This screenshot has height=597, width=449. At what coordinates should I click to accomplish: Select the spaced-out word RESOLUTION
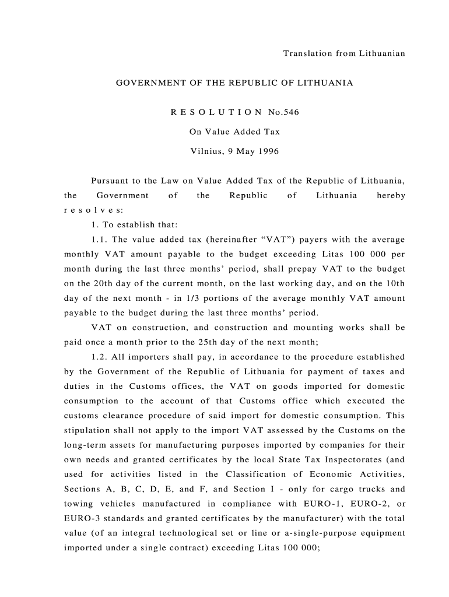(x=216, y=113)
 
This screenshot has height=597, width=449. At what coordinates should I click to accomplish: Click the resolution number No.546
(x=284, y=113)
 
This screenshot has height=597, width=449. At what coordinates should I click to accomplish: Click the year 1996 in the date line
(x=268, y=152)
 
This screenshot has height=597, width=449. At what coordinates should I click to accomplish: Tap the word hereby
(x=391, y=196)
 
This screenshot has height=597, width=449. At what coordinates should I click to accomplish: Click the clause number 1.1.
(x=99, y=240)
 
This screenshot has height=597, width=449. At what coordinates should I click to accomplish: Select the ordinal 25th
(x=291, y=343)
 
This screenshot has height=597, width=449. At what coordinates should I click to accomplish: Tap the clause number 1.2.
(x=99, y=357)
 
